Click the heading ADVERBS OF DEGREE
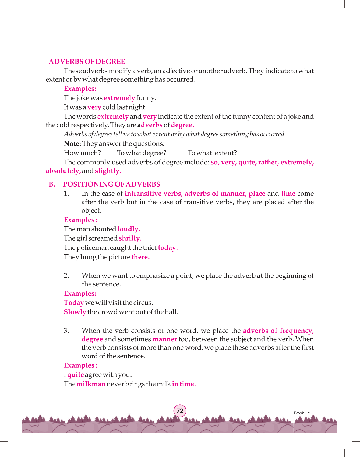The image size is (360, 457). click(87, 62)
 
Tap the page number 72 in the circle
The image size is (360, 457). click(180, 411)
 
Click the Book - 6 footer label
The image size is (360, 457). click(302, 413)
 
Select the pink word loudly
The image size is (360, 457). click(128, 229)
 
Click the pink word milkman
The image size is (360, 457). click(91, 384)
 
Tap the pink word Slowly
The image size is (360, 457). click(75, 312)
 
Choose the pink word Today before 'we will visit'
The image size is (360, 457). click(74, 303)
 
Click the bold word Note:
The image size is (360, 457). click(72, 144)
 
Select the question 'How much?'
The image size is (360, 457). click(82, 153)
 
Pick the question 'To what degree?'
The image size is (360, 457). click(142, 153)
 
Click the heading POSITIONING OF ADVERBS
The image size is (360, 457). click(112, 184)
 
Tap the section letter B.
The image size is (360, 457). click(52, 184)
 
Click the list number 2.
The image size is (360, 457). click(66, 276)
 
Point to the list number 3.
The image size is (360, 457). click(66, 331)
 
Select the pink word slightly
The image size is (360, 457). click(108, 171)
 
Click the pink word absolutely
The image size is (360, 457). click(63, 171)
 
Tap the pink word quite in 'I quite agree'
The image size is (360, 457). click(76, 375)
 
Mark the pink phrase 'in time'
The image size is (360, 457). click(183, 384)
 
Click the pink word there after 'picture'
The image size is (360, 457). click(140, 257)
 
